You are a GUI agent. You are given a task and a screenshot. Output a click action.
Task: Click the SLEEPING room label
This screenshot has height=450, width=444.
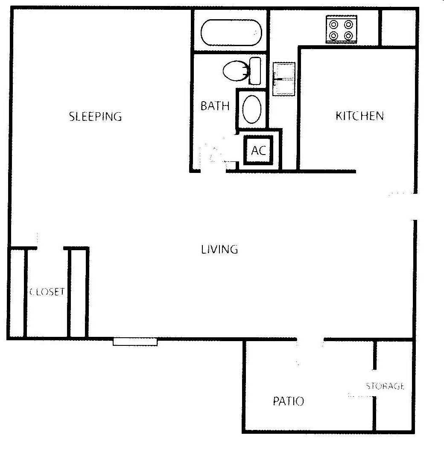tap(95, 116)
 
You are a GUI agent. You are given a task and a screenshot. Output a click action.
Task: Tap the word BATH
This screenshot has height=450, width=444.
tap(215, 106)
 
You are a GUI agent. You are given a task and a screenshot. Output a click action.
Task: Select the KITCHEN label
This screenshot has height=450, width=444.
tap(359, 116)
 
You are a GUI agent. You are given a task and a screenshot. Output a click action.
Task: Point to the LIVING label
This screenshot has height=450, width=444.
tap(219, 249)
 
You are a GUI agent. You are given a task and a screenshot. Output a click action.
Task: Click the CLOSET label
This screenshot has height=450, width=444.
tap(47, 292)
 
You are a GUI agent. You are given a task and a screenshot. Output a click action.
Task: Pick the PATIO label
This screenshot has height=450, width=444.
tap(288, 401)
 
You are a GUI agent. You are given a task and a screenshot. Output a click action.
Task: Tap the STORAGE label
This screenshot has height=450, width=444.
tap(385, 387)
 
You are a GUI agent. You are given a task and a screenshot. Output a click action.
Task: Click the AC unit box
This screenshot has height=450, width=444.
tap(259, 150)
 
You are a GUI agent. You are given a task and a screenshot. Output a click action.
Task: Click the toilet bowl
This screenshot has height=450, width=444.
tap(235, 70)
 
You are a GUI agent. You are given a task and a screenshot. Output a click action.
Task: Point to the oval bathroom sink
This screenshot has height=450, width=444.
tap(252, 109)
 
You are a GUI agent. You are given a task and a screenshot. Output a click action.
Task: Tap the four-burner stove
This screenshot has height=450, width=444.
tap(342, 29)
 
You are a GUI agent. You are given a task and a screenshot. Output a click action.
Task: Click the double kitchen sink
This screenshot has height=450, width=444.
tap(284, 79)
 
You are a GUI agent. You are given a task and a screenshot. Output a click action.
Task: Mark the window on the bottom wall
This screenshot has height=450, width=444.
tap(135, 342)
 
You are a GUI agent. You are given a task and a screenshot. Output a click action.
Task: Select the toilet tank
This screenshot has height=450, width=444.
tap(255, 70)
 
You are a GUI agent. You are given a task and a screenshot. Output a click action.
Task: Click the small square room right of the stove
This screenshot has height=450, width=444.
tap(397, 27)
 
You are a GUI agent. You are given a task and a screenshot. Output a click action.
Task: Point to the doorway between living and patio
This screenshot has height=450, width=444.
tap(310, 340)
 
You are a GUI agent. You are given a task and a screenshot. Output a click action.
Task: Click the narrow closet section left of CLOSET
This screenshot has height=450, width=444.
tap(17, 293)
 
